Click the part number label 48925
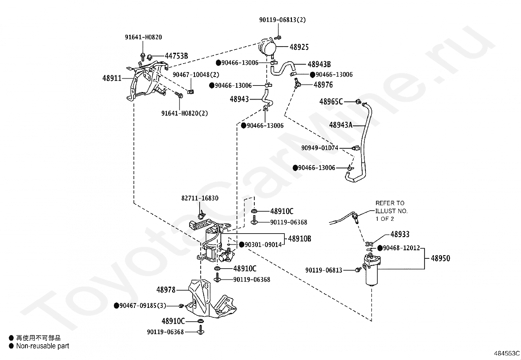[x=299, y=47]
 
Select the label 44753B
[x=176, y=56]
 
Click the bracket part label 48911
[x=112, y=78]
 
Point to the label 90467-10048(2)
[x=196, y=75]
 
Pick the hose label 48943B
[x=319, y=64]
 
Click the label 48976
[x=323, y=85]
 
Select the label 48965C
[x=331, y=102]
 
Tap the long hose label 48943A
[x=341, y=125]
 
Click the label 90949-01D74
[x=320, y=148]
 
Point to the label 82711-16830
[x=200, y=198]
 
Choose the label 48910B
[x=299, y=239]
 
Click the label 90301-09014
[x=263, y=245]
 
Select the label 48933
[x=400, y=234]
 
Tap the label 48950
[x=440, y=258]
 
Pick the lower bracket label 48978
[x=166, y=290]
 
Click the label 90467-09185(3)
[x=143, y=306]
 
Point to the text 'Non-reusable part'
[x=43, y=346]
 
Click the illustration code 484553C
[x=507, y=353]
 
